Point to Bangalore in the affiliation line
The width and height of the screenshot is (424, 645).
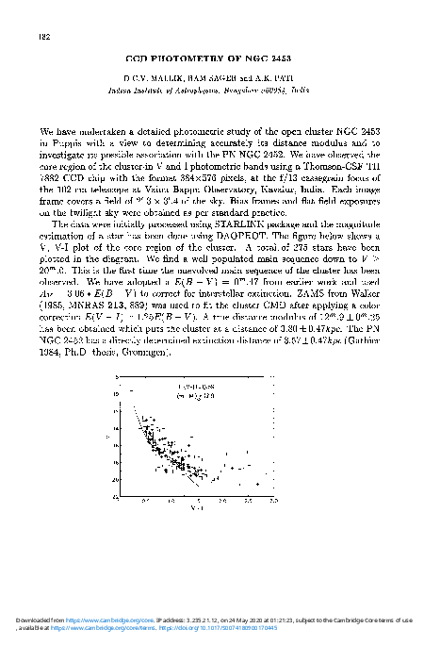pos(241,83)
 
